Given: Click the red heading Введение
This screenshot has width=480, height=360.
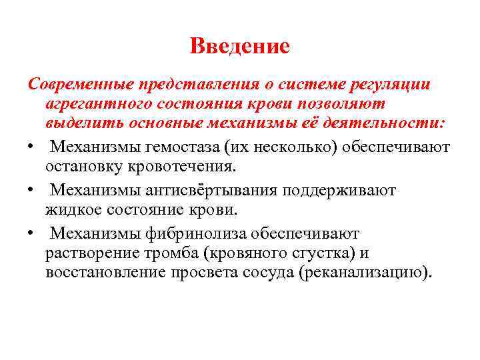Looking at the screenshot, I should click(240, 46).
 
